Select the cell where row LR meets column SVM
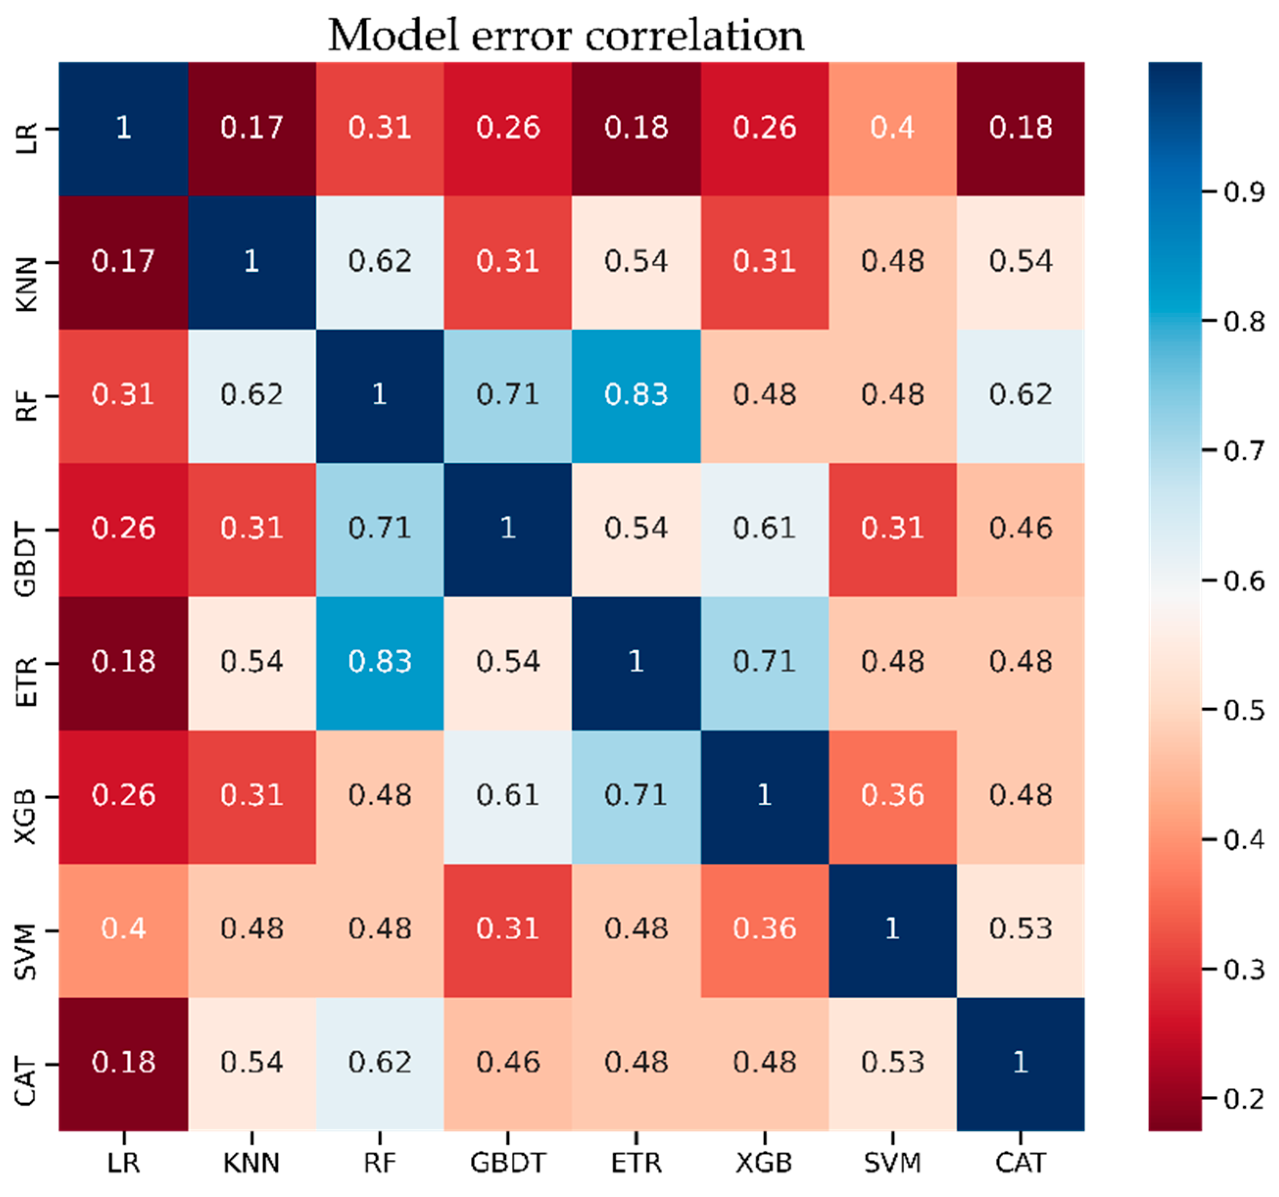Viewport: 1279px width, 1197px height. (x=893, y=128)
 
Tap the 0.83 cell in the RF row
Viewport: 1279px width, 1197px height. (x=636, y=394)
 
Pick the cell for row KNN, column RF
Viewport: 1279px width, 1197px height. (x=380, y=261)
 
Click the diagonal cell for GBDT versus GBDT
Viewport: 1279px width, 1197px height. (x=507, y=528)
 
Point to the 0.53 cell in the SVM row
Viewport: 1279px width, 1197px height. (x=1020, y=928)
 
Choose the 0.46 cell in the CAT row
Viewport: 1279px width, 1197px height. (x=507, y=1062)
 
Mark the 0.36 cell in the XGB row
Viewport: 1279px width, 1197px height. (x=893, y=795)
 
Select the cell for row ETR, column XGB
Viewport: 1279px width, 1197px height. (x=764, y=661)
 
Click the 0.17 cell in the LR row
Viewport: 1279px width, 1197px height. (x=252, y=128)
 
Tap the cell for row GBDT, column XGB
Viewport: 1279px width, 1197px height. (x=764, y=528)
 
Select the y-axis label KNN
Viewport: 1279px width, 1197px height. (x=26, y=285)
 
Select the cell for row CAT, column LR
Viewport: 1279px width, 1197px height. (x=123, y=1062)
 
